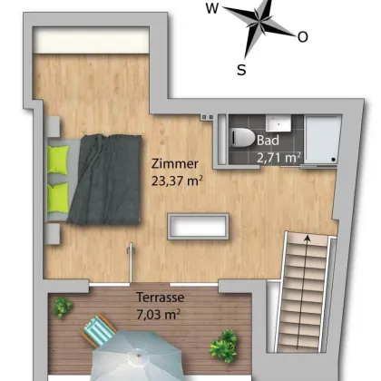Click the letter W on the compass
point(212,8)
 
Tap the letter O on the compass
point(303,37)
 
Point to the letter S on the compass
point(241,70)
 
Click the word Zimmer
point(175,163)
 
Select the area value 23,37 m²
point(177,181)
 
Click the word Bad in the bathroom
point(268,141)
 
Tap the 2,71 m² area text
point(278,158)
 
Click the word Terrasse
point(161,298)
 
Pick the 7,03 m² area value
point(159,315)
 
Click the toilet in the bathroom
point(242,138)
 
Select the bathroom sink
point(278,123)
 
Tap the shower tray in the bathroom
point(321,140)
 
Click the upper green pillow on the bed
point(58,160)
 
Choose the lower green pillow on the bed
point(58,198)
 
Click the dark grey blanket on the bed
point(104,180)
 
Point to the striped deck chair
point(99,329)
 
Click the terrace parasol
point(138,357)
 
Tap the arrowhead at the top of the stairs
point(308,239)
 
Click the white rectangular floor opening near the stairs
point(199,227)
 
